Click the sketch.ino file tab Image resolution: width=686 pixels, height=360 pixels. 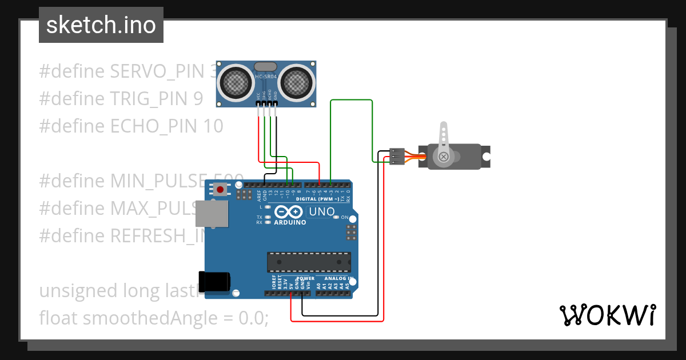(x=101, y=25)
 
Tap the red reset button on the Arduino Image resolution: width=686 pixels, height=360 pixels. (x=220, y=189)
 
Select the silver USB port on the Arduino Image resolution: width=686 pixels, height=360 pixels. (x=212, y=214)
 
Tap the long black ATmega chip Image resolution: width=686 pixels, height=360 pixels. (x=309, y=262)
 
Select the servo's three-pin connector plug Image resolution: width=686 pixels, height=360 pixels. (x=397, y=157)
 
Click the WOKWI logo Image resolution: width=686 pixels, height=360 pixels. (x=607, y=314)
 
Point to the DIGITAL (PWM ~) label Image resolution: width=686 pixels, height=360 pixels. (x=317, y=199)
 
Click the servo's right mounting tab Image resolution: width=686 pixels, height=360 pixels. (x=486, y=157)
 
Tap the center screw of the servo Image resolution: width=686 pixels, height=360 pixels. (x=443, y=157)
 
